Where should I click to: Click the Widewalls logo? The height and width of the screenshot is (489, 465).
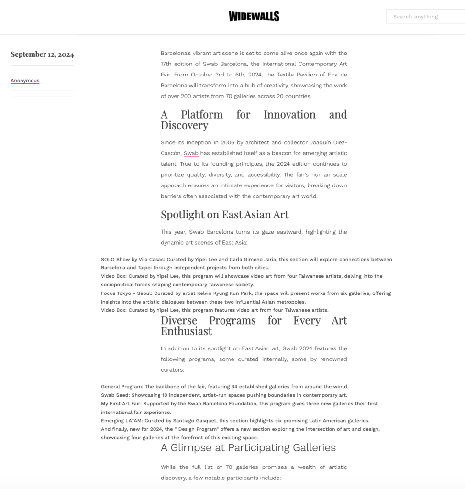tap(254, 16)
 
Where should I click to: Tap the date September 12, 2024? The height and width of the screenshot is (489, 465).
tap(42, 54)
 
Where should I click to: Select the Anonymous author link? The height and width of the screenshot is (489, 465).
tap(25, 81)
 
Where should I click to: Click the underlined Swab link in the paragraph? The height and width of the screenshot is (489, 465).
tap(191, 153)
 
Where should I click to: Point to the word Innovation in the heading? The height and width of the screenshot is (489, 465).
tap(289, 115)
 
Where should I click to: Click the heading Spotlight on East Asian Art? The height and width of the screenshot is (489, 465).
tap(224, 215)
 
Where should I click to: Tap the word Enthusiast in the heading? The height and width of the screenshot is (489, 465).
tap(186, 331)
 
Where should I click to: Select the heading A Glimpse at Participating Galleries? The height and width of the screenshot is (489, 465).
tap(248, 448)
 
